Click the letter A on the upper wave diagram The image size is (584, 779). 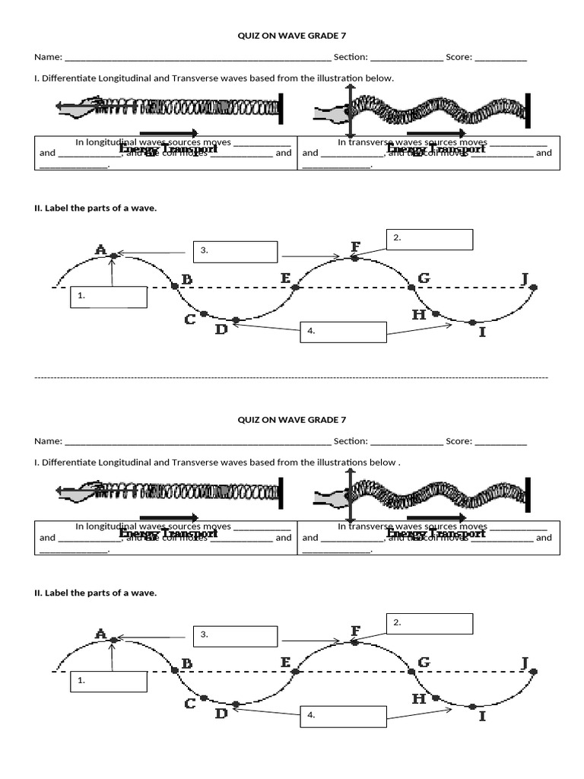pyautogui.click(x=101, y=249)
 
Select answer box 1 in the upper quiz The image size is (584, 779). pyautogui.click(x=109, y=297)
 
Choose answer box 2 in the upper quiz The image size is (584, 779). pyautogui.click(x=430, y=240)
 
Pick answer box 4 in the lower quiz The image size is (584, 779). pyautogui.click(x=343, y=717)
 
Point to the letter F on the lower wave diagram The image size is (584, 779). pyautogui.click(x=355, y=631)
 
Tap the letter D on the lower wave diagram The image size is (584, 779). pyautogui.click(x=221, y=714)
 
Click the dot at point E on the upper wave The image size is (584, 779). pyautogui.click(x=297, y=288)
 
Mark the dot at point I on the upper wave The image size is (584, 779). pyautogui.click(x=473, y=323)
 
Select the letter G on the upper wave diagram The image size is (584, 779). pyautogui.click(x=424, y=278)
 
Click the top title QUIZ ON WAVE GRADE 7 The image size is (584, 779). pyautogui.click(x=292, y=35)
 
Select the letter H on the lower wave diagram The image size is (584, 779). pyautogui.click(x=419, y=698)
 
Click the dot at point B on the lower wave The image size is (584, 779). pyautogui.click(x=175, y=670)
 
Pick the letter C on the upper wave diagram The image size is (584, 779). pyautogui.click(x=191, y=320)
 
